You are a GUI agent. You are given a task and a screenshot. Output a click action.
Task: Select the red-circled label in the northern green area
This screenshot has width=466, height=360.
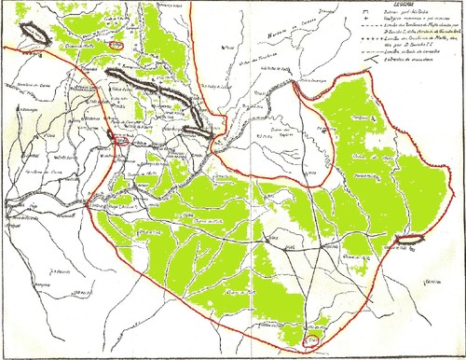116,44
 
